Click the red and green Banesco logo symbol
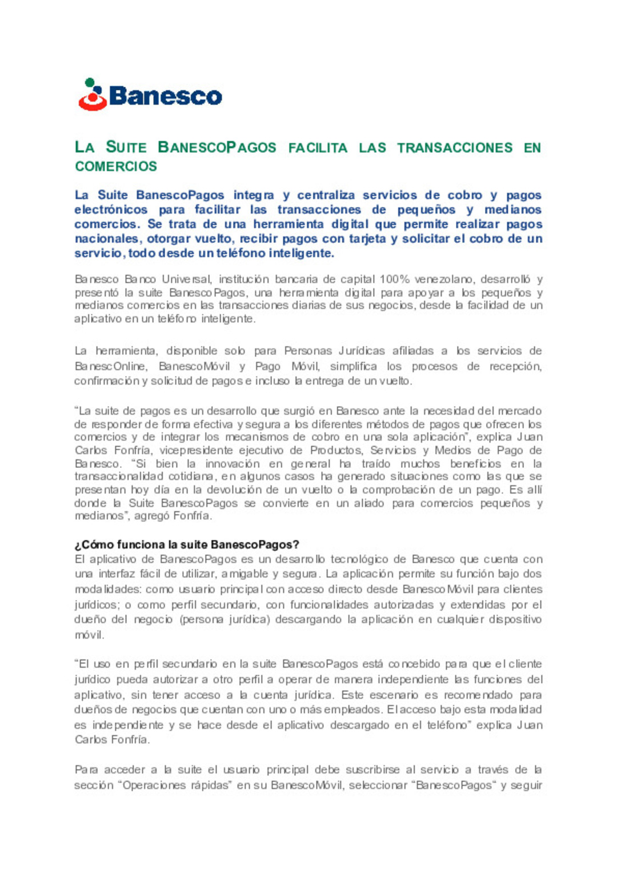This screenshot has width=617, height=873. [x=93, y=95]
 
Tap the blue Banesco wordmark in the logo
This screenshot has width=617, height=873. [x=165, y=96]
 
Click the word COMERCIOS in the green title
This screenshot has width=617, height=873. [x=116, y=166]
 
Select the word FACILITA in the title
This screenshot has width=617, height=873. [x=318, y=148]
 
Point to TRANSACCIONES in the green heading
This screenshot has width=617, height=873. [x=455, y=148]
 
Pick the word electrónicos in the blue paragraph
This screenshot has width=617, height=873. [x=111, y=210]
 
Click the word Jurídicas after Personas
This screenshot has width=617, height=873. [x=361, y=351]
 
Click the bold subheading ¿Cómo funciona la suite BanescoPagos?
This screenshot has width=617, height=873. [x=187, y=544]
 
